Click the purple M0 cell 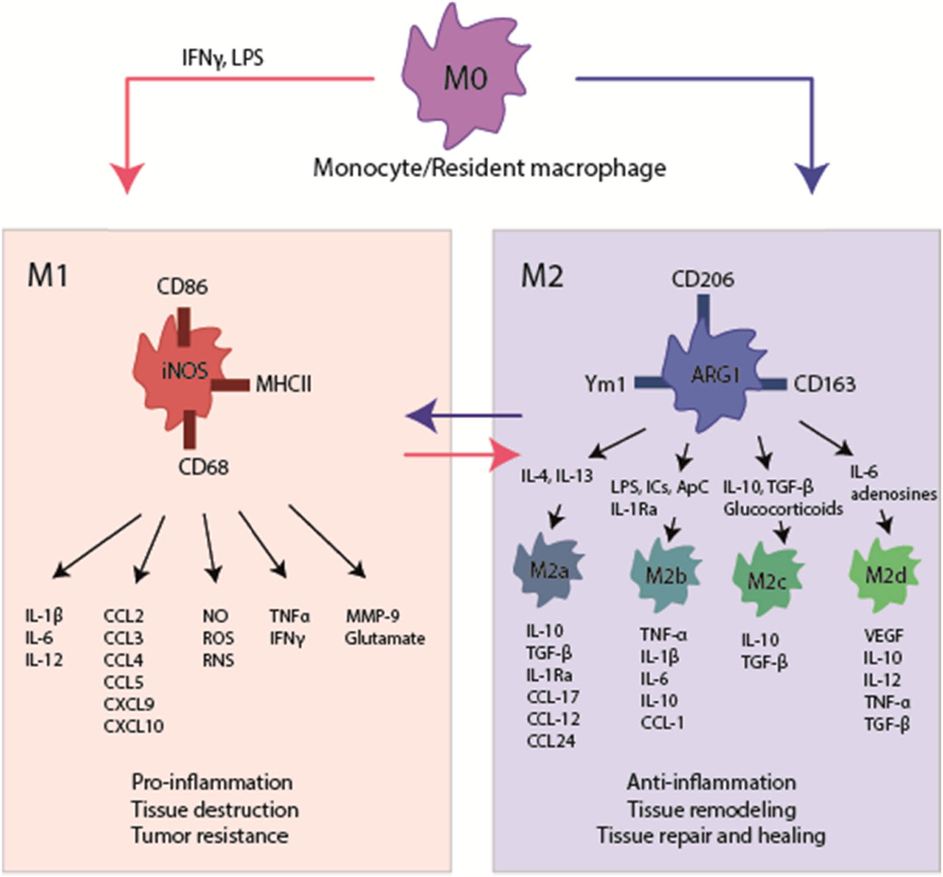pyautogui.click(x=464, y=80)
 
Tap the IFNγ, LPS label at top pyautogui.click(x=222, y=58)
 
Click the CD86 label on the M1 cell pyautogui.click(x=182, y=286)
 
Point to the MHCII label pyautogui.click(x=283, y=384)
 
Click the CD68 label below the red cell pyautogui.click(x=203, y=467)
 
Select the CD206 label pyautogui.click(x=702, y=280)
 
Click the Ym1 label pyautogui.click(x=605, y=384)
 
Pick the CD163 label pyautogui.click(x=824, y=384)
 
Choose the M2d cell pyautogui.click(x=885, y=575)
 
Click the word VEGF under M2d pyautogui.click(x=884, y=636)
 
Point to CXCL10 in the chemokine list pyautogui.click(x=133, y=726)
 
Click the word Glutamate pyautogui.click(x=384, y=638)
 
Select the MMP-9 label pyautogui.click(x=372, y=616)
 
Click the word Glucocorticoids pyautogui.click(x=782, y=508)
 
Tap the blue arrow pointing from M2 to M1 pyautogui.click(x=463, y=416)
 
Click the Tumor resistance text pyautogui.click(x=210, y=835)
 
